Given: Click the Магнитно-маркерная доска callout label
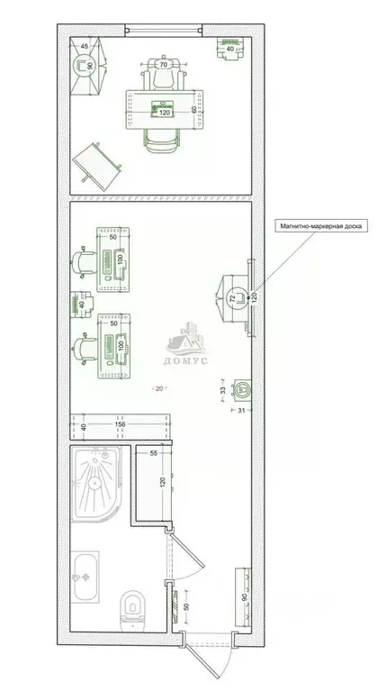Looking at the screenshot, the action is (x=320, y=226).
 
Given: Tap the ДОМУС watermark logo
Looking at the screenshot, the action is (x=186, y=344).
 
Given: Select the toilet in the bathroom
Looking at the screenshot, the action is (x=132, y=610).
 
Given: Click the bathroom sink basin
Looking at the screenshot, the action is (x=85, y=577).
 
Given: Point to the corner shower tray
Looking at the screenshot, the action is (x=96, y=483).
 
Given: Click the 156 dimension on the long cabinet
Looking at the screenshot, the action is (x=120, y=424).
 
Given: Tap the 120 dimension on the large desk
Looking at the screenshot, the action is (x=164, y=113).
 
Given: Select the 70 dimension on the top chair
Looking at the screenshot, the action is (x=163, y=64).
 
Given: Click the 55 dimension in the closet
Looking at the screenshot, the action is (x=154, y=452).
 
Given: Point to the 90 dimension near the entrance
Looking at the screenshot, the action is (x=245, y=597).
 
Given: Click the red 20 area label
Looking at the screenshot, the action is (x=159, y=388).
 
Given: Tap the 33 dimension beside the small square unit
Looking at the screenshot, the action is (x=223, y=390).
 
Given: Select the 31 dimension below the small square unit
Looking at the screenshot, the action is (x=240, y=410).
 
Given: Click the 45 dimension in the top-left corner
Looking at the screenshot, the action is (x=85, y=46).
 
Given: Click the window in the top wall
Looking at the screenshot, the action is (x=164, y=31).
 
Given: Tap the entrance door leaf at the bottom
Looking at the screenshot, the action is (x=200, y=663).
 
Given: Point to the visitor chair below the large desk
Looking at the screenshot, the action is (x=161, y=141).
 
